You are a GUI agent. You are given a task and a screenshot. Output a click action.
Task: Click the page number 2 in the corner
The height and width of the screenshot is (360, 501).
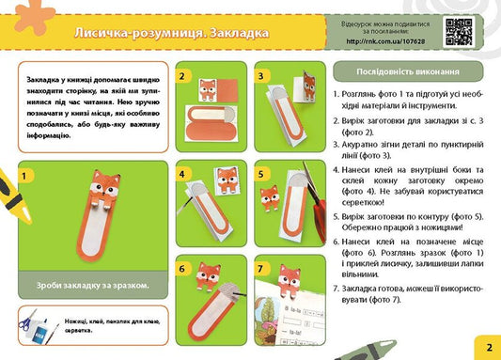pos(489,347)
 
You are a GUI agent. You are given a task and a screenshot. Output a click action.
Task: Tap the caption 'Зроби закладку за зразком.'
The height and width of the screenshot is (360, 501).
pos(92,286)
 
